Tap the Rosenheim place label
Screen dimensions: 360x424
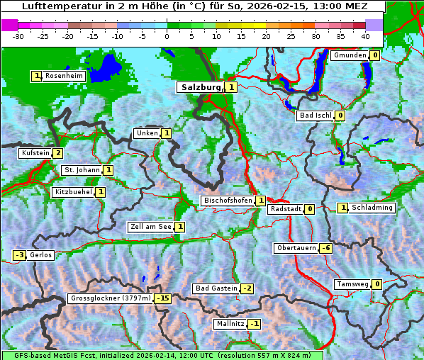tap(64, 76)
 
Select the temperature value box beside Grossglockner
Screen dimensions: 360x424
tap(163, 298)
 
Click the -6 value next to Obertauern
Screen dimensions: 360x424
tap(325, 248)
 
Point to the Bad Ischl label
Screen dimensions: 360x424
tap(315, 116)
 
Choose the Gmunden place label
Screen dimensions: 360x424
tap(350, 55)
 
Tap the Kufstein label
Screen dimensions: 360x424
tap(35, 153)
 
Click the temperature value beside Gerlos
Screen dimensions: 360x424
tap(20, 255)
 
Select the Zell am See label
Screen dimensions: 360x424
tap(150, 227)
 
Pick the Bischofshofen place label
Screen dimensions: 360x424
tap(228, 201)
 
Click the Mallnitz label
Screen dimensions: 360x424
tap(230, 324)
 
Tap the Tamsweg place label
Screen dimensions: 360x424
tap(352, 284)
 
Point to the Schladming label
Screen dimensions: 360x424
tap(372, 208)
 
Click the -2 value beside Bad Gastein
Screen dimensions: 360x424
tap(247, 288)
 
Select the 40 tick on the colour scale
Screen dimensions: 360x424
tap(365, 35)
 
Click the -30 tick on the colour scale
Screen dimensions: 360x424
tap(18, 35)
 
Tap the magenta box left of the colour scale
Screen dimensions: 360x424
tap(9, 24)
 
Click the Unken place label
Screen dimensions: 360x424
tap(147, 133)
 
